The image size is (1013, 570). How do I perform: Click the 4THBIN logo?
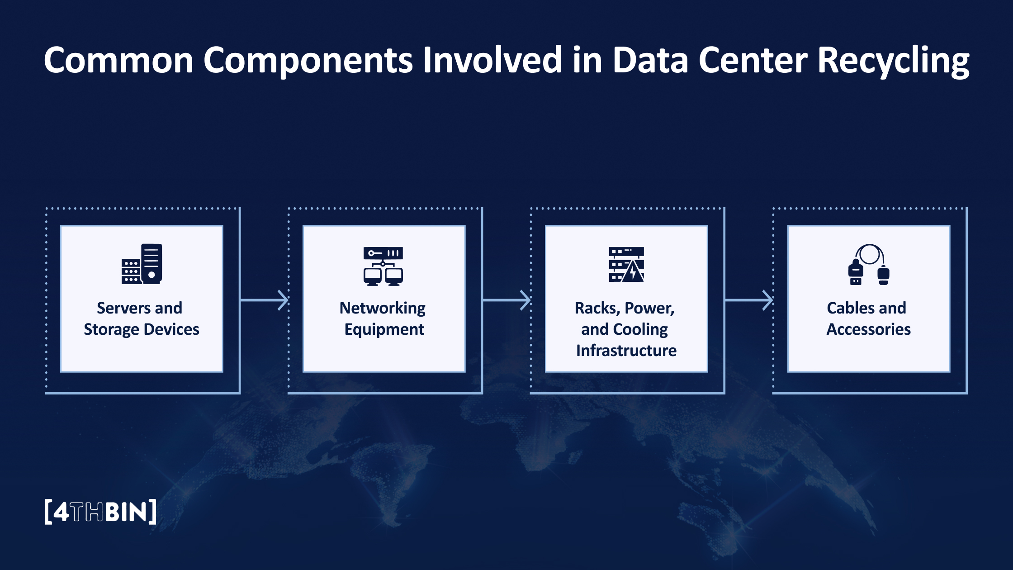point(101,512)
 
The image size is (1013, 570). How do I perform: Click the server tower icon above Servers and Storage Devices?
point(142,264)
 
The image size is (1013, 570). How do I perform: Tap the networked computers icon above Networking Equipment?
point(383,266)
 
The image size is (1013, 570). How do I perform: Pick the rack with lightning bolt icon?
point(626,265)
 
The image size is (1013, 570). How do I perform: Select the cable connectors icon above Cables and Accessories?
point(868,265)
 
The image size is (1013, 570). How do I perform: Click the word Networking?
point(383,309)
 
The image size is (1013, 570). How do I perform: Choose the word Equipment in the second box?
point(384,330)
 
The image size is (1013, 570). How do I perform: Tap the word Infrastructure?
point(626,351)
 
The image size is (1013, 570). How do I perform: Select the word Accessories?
point(868,329)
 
